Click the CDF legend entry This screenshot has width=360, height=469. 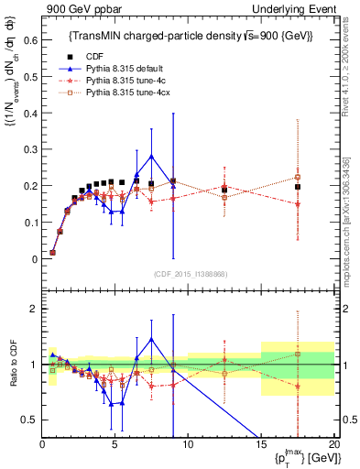[92, 57]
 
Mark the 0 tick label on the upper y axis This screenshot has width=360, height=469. [33, 259]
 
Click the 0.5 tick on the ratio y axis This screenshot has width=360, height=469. [27, 420]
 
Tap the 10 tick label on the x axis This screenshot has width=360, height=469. [187, 444]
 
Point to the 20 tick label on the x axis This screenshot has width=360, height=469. [333, 444]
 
